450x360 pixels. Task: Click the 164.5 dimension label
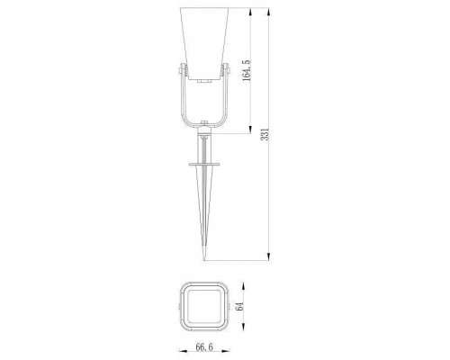246,70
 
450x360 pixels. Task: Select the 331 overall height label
265,134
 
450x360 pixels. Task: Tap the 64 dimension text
239,307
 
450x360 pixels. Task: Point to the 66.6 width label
204,347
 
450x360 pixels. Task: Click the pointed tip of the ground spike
204,260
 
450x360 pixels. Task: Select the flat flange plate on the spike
204,164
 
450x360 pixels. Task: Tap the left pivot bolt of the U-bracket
180,71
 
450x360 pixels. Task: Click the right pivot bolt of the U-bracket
229,71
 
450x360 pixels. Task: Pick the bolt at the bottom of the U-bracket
204,122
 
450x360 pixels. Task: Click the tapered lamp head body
204,43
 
